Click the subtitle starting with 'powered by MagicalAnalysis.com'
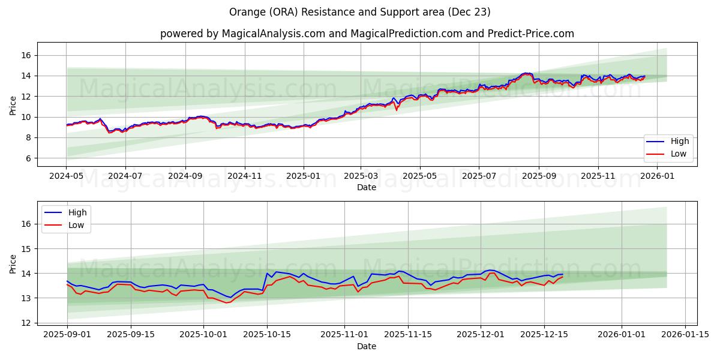[x=367, y=34]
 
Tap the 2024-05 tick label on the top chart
[x=67, y=176]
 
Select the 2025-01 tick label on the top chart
[x=303, y=176]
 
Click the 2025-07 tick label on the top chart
[x=479, y=176]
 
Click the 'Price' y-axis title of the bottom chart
[x=13, y=263]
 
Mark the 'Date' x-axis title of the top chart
[x=367, y=187]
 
